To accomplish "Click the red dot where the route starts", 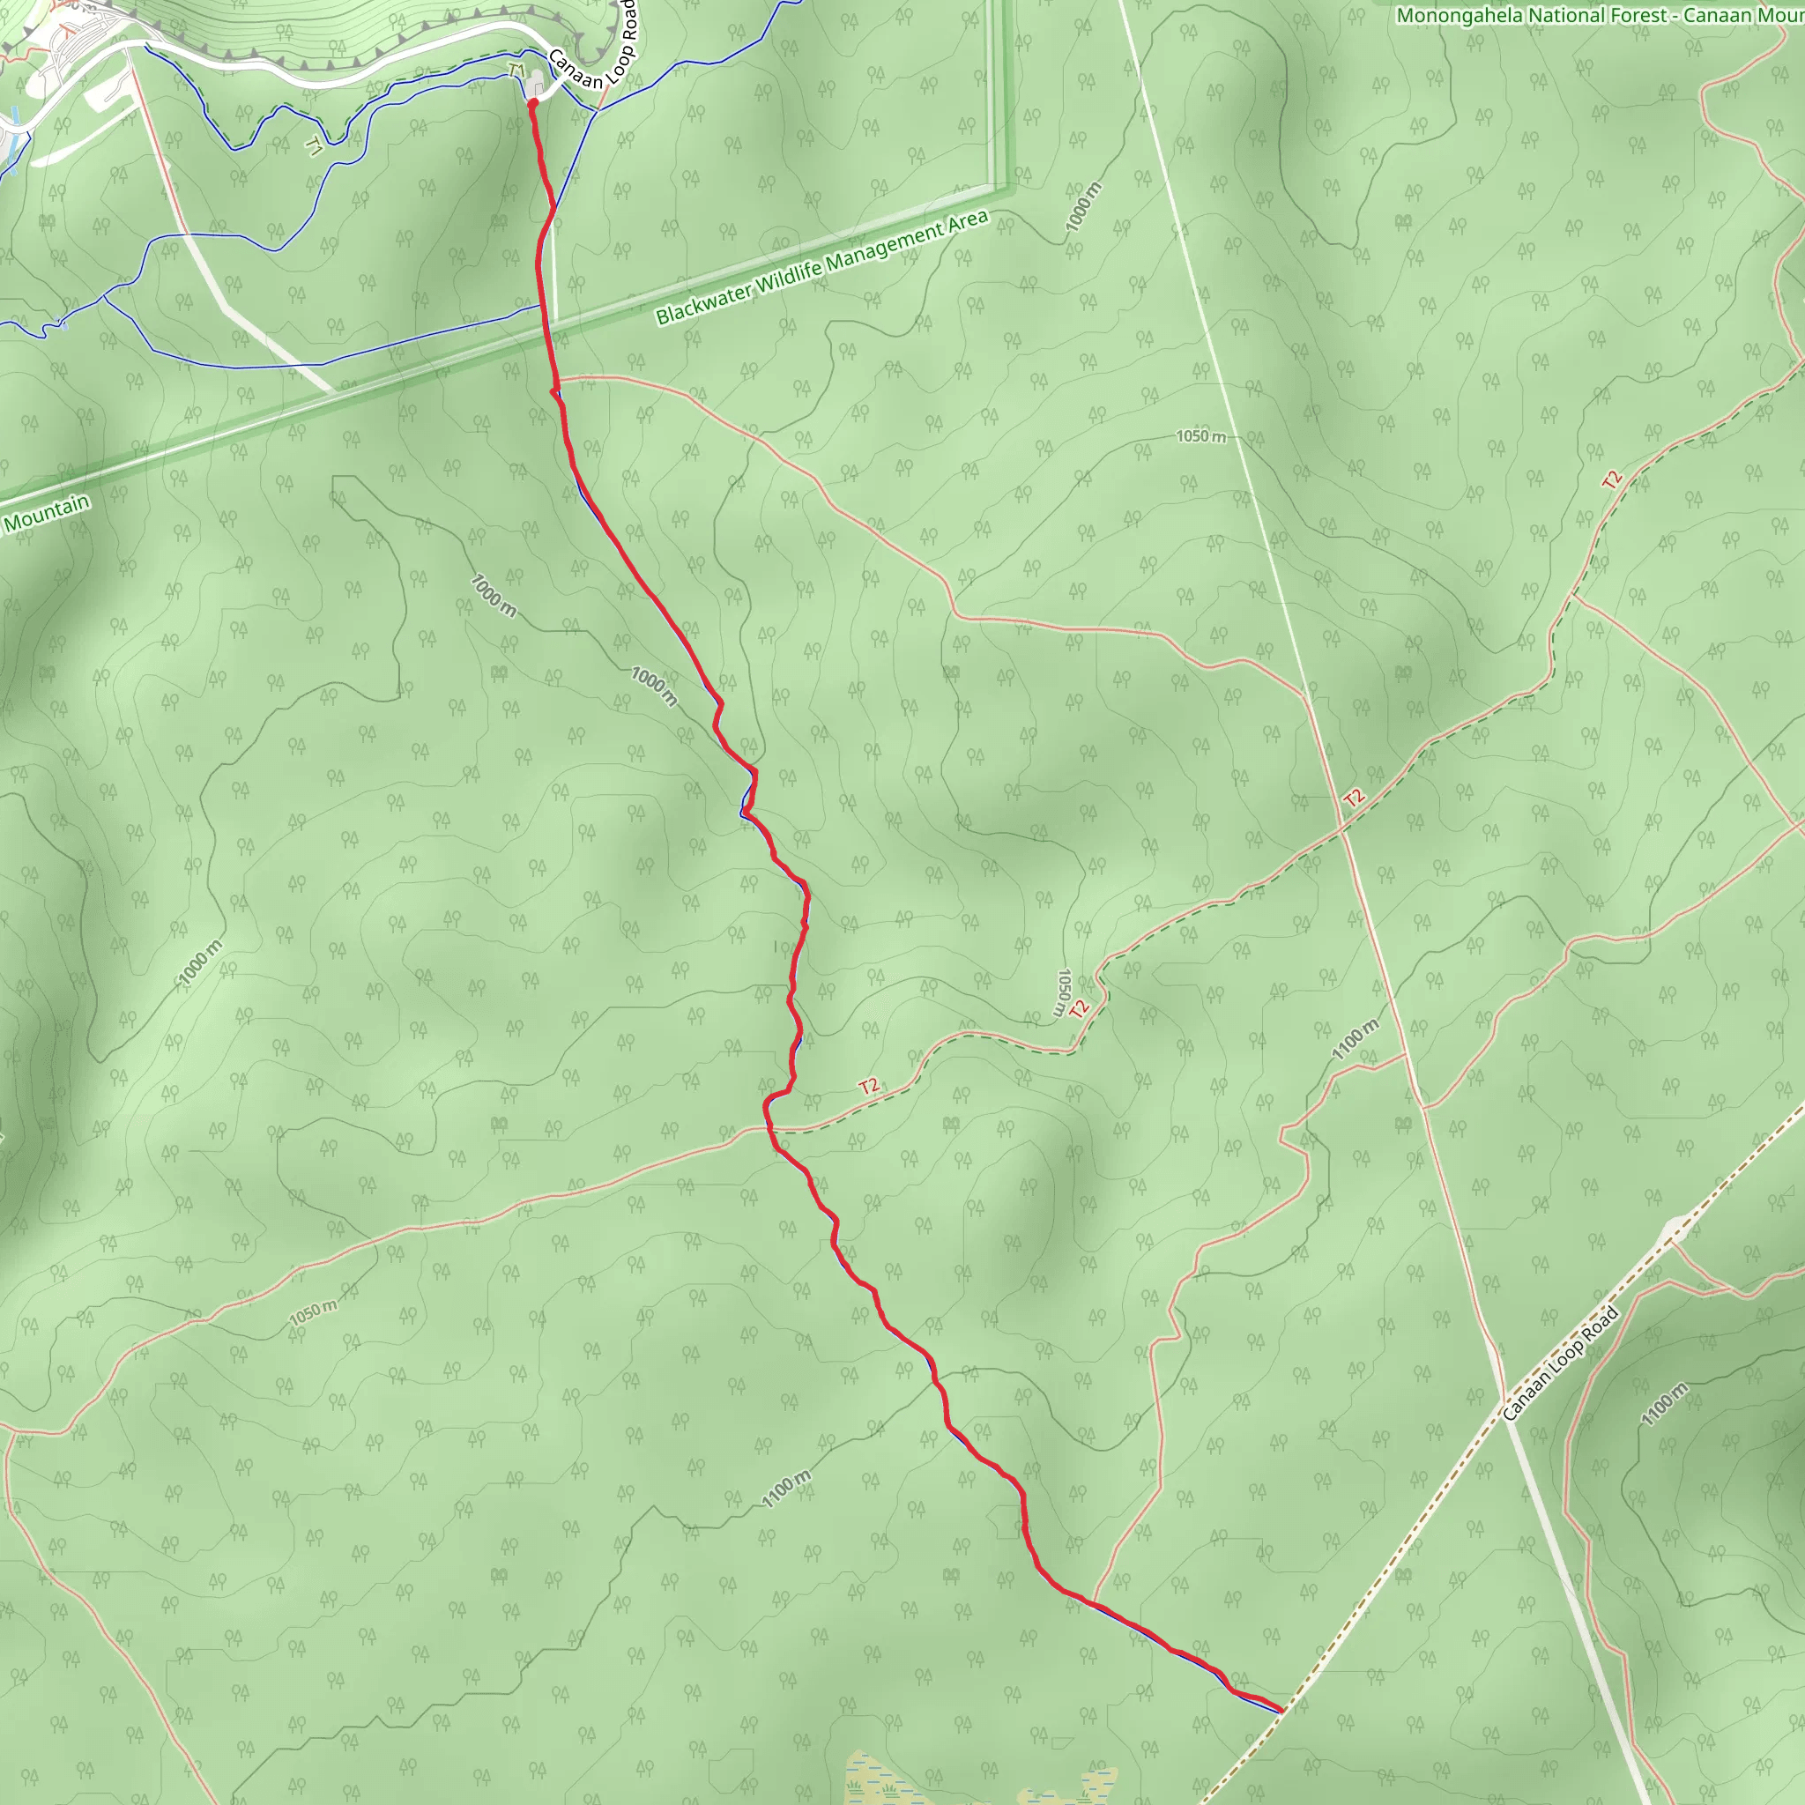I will click(x=532, y=105).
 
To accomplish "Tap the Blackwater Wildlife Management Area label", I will click(x=821, y=267).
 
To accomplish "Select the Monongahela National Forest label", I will click(x=1532, y=15).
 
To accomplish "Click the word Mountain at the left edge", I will click(x=47, y=513).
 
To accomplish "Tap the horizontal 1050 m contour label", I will click(x=1200, y=436).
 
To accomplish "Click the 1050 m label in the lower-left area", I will click(x=313, y=1311).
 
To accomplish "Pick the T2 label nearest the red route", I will click(x=869, y=1087).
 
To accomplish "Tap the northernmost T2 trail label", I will click(x=1612, y=479).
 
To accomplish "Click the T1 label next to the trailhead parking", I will click(x=516, y=71).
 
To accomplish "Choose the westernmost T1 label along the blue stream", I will click(x=315, y=145).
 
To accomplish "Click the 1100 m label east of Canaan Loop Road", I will click(x=1664, y=1404).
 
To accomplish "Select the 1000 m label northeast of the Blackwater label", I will click(x=1084, y=207).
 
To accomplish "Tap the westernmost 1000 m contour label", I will click(x=200, y=962).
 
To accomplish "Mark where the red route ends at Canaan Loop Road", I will click(x=1281, y=1712).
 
